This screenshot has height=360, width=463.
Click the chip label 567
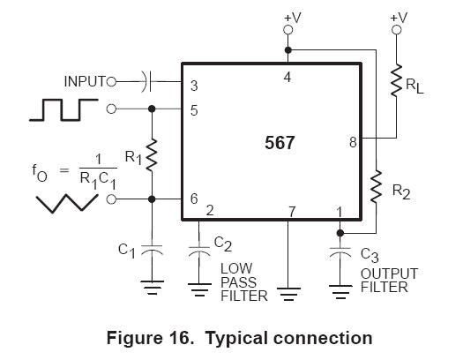(x=280, y=142)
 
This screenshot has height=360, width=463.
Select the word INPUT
(x=85, y=82)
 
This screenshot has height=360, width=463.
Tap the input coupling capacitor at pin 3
(x=147, y=82)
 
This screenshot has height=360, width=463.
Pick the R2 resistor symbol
(x=377, y=186)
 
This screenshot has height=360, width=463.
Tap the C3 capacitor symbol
(x=340, y=251)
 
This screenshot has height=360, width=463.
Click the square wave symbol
(x=63, y=109)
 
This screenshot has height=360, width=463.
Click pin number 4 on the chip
(x=288, y=78)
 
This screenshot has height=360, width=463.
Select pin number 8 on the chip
(x=352, y=140)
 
